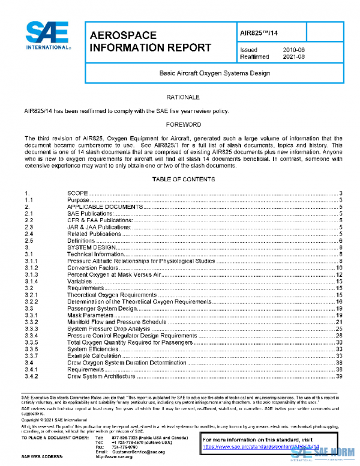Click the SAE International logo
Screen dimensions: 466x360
pos(47,37)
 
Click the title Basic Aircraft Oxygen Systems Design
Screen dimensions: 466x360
pos(214,73)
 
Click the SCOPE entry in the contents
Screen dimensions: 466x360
pos(77,193)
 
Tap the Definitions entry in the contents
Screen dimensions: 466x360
pos(81,240)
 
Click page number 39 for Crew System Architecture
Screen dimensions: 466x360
pos(339,377)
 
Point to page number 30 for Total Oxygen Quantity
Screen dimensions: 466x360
pos(339,342)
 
